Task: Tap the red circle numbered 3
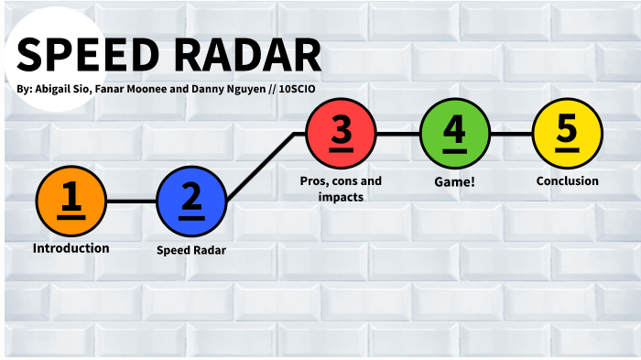coord(341,134)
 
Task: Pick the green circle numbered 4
coord(454,134)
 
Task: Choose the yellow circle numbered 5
coord(567,134)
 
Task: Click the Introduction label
coord(71,248)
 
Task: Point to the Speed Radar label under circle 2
coord(190,249)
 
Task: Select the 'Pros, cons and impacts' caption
coord(341,189)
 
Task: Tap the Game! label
coord(453,182)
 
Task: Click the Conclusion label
coord(567,181)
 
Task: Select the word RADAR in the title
coord(244,57)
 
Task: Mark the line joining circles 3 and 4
coord(397,134)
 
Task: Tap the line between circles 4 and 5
coord(511,134)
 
